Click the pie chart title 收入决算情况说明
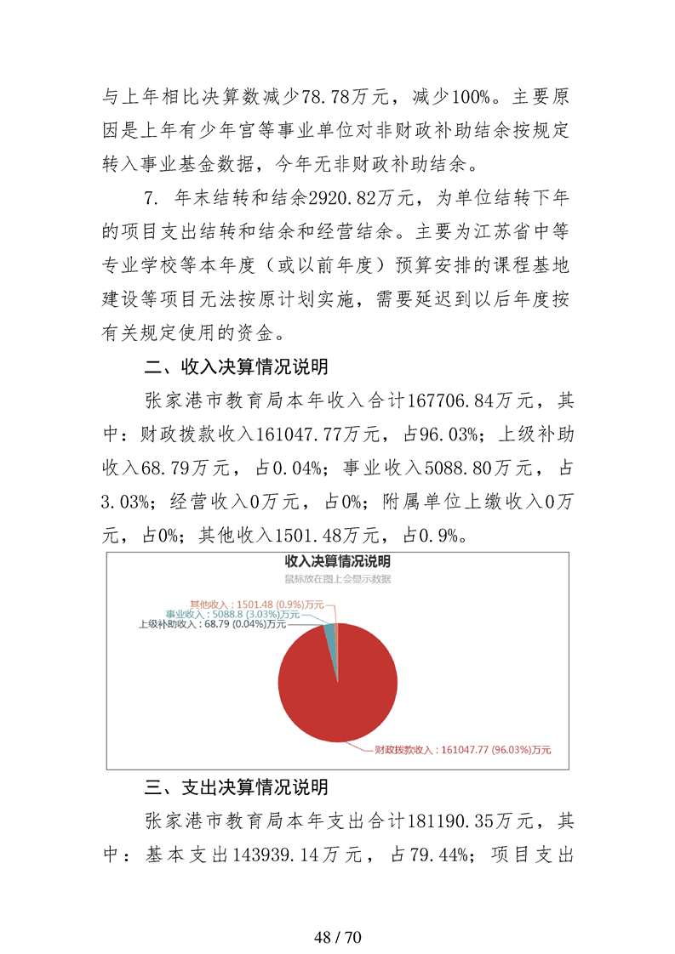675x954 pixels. [337, 562]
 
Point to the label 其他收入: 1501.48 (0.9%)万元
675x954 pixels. [256, 603]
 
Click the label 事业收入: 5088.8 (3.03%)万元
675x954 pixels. [232, 614]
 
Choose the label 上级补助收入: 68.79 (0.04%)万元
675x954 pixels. [212, 624]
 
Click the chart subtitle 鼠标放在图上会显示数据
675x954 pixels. [337, 579]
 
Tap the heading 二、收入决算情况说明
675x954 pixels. [237, 368]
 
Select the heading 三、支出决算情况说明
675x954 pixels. [237, 788]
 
